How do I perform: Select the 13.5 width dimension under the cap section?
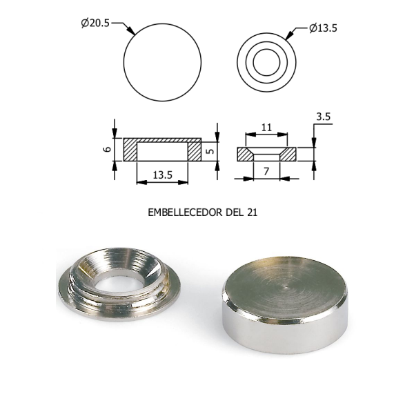pyautogui.click(x=162, y=175)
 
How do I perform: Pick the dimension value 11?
pyautogui.click(x=266, y=128)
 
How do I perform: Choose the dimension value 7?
pyautogui.click(x=266, y=171)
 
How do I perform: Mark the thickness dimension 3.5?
pyautogui.click(x=323, y=117)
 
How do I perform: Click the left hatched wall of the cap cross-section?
pyautogui.click(x=130, y=150)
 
